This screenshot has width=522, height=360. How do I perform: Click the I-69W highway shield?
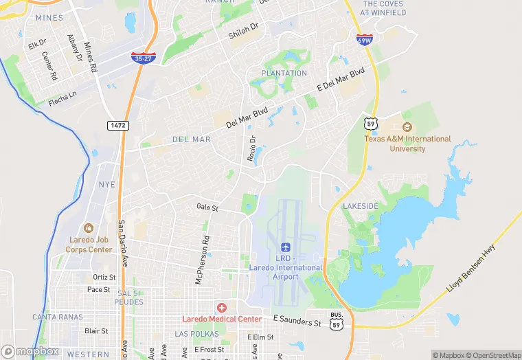pos(365,39)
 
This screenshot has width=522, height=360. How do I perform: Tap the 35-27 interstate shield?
pos(144,58)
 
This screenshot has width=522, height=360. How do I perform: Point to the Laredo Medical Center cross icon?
pos(221,307)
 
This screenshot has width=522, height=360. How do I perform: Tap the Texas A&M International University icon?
pos(407,127)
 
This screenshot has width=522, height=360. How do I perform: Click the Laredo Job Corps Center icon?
pos(88,227)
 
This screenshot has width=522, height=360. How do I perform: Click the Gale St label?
pos(207,207)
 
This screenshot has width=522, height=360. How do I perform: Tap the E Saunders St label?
pos(297,321)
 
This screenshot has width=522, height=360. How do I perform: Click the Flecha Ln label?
pos(63,102)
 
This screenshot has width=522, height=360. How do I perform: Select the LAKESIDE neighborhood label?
pos(361,206)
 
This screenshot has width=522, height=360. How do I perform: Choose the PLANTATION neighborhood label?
pos(284,73)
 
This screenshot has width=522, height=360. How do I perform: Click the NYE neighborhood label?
pos(106,185)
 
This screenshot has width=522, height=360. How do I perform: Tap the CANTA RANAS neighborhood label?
pos(57,317)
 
